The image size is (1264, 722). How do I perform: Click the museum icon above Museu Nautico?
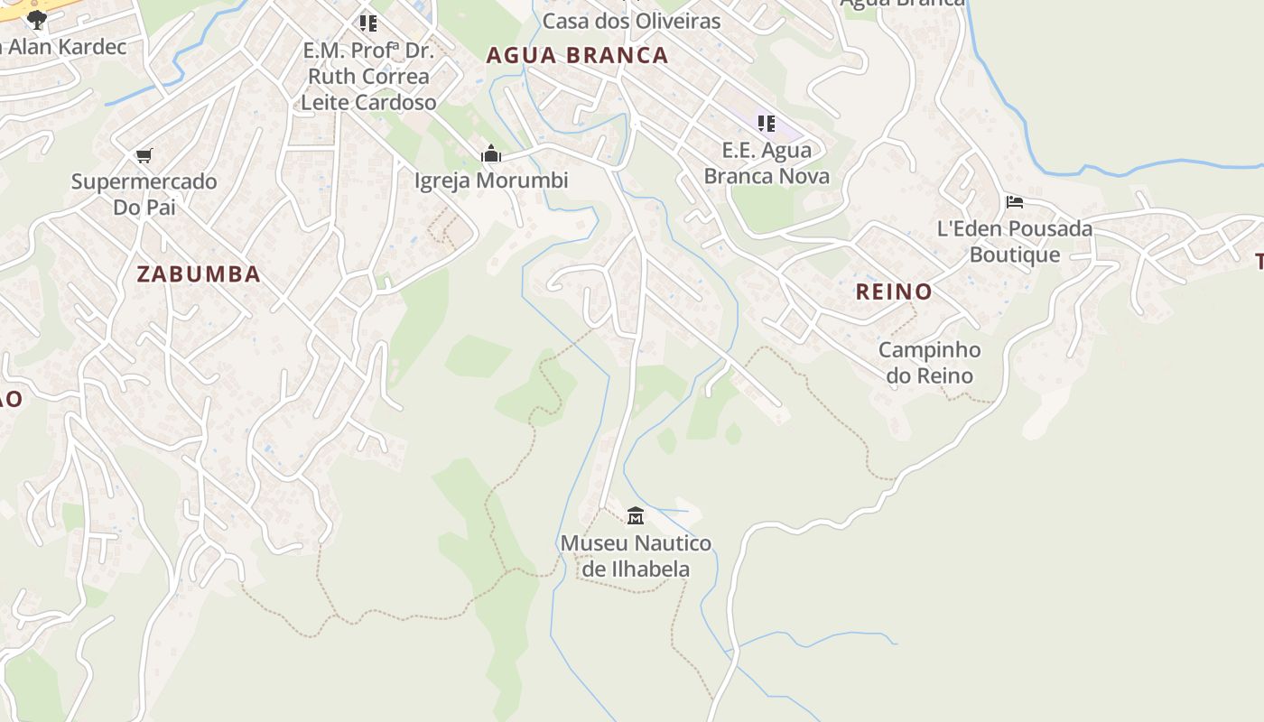(636, 516)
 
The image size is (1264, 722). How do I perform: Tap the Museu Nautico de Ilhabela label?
(636, 556)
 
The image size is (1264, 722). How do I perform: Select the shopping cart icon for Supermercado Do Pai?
(144, 155)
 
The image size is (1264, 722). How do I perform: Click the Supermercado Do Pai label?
(144, 194)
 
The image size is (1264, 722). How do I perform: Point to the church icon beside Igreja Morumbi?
(491, 154)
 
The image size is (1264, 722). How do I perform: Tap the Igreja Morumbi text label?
(491, 180)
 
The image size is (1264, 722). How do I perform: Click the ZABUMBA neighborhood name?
(199, 274)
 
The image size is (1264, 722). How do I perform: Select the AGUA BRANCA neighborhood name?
(577, 56)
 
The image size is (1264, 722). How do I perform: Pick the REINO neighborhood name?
(893, 292)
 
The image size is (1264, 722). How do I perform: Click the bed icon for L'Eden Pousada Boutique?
(1015, 202)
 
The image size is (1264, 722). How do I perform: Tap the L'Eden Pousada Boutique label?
(1015, 241)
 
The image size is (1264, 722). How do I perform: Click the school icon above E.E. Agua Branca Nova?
(766, 124)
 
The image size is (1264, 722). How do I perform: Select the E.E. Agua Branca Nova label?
(767, 162)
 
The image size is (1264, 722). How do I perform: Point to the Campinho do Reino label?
(930, 363)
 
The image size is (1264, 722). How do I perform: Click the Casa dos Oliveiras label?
(632, 21)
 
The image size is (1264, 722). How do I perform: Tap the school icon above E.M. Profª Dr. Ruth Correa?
(367, 23)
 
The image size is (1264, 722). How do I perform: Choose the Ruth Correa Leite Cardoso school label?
(368, 77)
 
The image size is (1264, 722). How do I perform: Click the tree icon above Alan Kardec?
(36, 19)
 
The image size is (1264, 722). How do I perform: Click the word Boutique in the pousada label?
(1015, 255)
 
